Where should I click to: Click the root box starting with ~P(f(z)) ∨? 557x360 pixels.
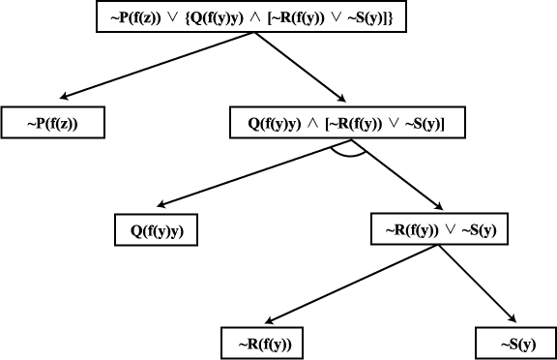[x=251, y=16]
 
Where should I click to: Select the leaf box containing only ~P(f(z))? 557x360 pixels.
[x=53, y=122]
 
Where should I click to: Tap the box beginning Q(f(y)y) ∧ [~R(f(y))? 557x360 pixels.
[x=347, y=122]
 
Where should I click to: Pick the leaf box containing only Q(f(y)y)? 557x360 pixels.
[x=157, y=230]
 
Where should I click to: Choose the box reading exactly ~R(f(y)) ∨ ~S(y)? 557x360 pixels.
[x=439, y=229]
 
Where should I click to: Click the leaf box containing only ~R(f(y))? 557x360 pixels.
[x=262, y=344]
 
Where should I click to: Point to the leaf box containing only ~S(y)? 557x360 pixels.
[x=516, y=344]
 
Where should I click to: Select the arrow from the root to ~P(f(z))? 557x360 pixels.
[x=157, y=66]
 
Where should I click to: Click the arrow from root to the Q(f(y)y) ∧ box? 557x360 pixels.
[x=300, y=67]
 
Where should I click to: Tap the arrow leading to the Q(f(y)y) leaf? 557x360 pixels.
[x=254, y=172]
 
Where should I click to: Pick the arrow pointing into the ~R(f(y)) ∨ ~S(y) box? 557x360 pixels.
[x=397, y=174]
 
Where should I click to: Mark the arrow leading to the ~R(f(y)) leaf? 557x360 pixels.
[x=352, y=285]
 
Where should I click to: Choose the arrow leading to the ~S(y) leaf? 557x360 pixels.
[x=478, y=284]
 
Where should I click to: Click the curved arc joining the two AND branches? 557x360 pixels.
[x=348, y=155]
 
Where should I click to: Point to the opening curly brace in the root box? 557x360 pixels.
[x=188, y=17]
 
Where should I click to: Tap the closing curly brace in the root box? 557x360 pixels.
[x=390, y=17]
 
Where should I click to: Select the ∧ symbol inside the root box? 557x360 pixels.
[x=255, y=17]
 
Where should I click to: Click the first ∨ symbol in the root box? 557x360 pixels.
[x=173, y=17]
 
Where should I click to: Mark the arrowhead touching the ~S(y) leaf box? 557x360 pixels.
[x=513, y=318]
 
